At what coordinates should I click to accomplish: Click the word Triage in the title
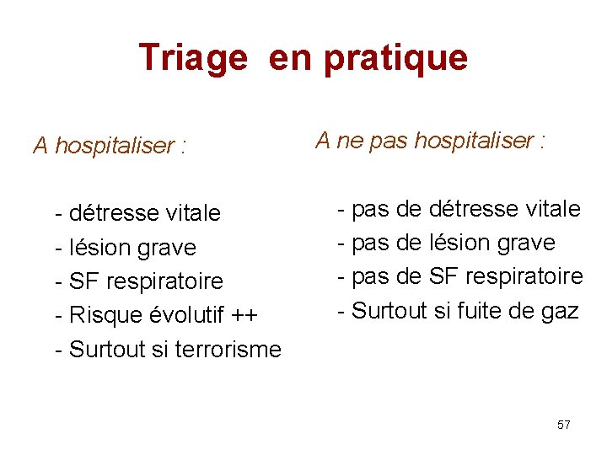click(193, 59)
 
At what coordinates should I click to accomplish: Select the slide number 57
click(564, 425)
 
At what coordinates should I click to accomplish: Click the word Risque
click(106, 315)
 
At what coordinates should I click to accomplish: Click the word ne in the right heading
click(349, 141)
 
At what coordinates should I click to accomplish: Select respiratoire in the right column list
click(530, 276)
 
